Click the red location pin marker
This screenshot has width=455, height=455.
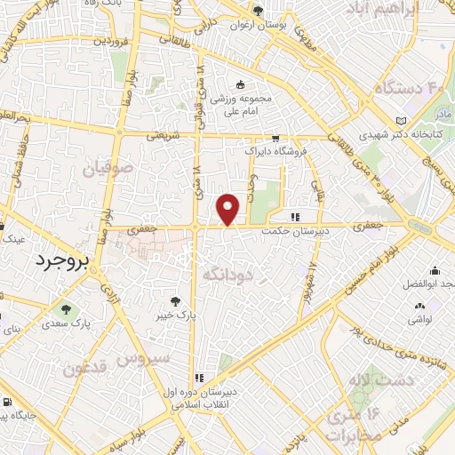click(x=229, y=209)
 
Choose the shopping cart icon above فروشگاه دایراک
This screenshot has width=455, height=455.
click(x=275, y=138)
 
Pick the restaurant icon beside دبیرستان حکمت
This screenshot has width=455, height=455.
click(x=294, y=216)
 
